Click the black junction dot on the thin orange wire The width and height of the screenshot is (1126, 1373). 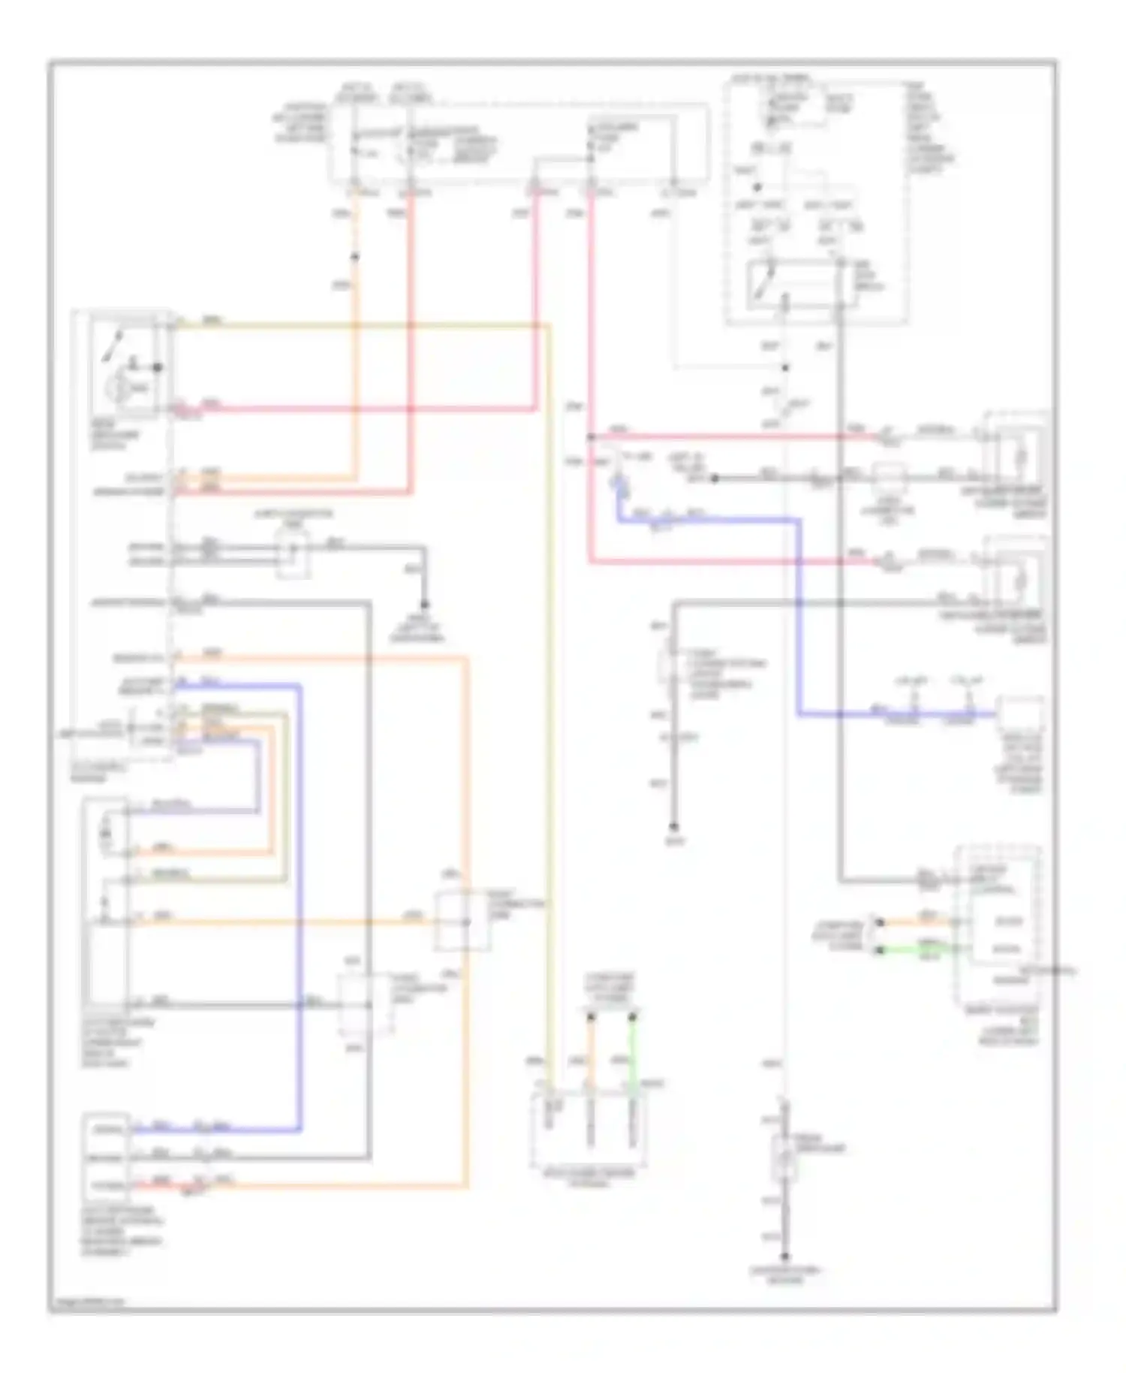click(355, 257)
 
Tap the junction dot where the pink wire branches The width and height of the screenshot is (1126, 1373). click(591, 436)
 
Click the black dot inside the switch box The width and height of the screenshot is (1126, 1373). click(158, 367)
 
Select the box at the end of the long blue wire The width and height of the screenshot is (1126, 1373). click(1019, 714)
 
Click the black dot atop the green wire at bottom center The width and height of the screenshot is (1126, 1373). click(633, 1017)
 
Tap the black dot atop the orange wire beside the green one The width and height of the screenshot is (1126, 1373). click(592, 1017)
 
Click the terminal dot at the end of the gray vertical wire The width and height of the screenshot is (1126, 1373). click(674, 825)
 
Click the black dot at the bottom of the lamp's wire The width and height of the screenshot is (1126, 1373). click(785, 1257)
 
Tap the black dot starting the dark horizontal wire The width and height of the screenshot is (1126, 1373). click(714, 478)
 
